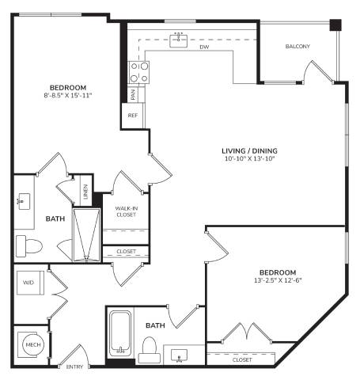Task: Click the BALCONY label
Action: [x=297, y=47]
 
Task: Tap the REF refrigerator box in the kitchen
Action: [x=132, y=116]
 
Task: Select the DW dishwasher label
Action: [x=204, y=47]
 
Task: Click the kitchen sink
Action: [x=179, y=40]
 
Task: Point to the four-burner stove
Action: [x=139, y=73]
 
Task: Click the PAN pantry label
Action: [x=133, y=94]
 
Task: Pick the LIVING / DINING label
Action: [x=249, y=151]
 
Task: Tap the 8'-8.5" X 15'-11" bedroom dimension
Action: [x=68, y=95]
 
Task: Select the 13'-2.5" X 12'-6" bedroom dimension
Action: [x=278, y=280]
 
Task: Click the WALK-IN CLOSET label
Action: [x=126, y=211]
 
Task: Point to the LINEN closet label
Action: [x=85, y=192]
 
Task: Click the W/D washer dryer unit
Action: [x=30, y=283]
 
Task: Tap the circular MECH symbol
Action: [x=33, y=344]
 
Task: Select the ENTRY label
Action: [x=74, y=367]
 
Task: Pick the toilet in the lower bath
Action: [x=150, y=350]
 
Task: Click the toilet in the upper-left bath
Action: [x=29, y=246]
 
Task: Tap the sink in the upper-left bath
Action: [x=24, y=202]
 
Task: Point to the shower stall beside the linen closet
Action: [x=86, y=235]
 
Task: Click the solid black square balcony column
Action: [x=335, y=25]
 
